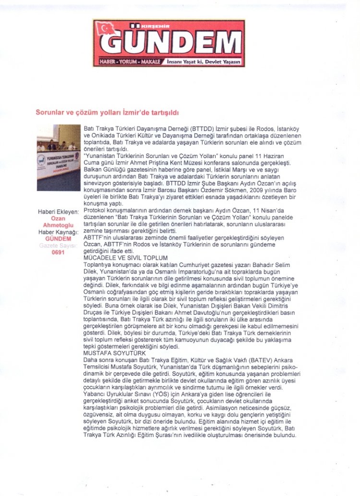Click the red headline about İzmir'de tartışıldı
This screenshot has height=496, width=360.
pyautogui.click(x=107, y=112)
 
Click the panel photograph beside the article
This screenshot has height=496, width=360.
pyautogui.click(x=59, y=157)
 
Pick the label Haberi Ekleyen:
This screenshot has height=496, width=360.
pyautogui.click(x=58, y=212)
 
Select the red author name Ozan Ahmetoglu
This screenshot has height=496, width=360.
pyautogui.click(x=58, y=222)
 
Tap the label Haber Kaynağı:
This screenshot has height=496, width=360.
pyautogui.click(x=58, y=232)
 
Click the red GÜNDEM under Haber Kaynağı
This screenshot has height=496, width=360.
pyautogui.click(x=58, y=239)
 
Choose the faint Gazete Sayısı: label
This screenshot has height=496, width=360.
pyautogui.click(x=58, y=245)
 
